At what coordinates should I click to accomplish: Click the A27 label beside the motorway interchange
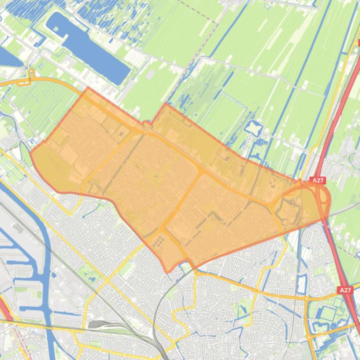point(318,180)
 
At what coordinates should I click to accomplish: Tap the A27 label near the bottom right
point(345,290)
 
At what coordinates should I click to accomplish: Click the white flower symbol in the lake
point(57,29)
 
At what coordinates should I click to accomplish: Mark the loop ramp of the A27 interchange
point(323,196)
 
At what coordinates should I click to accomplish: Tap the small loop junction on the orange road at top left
point(31,75)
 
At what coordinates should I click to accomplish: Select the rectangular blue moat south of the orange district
point(302,283)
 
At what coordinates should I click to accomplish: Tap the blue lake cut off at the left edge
point(7,56)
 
